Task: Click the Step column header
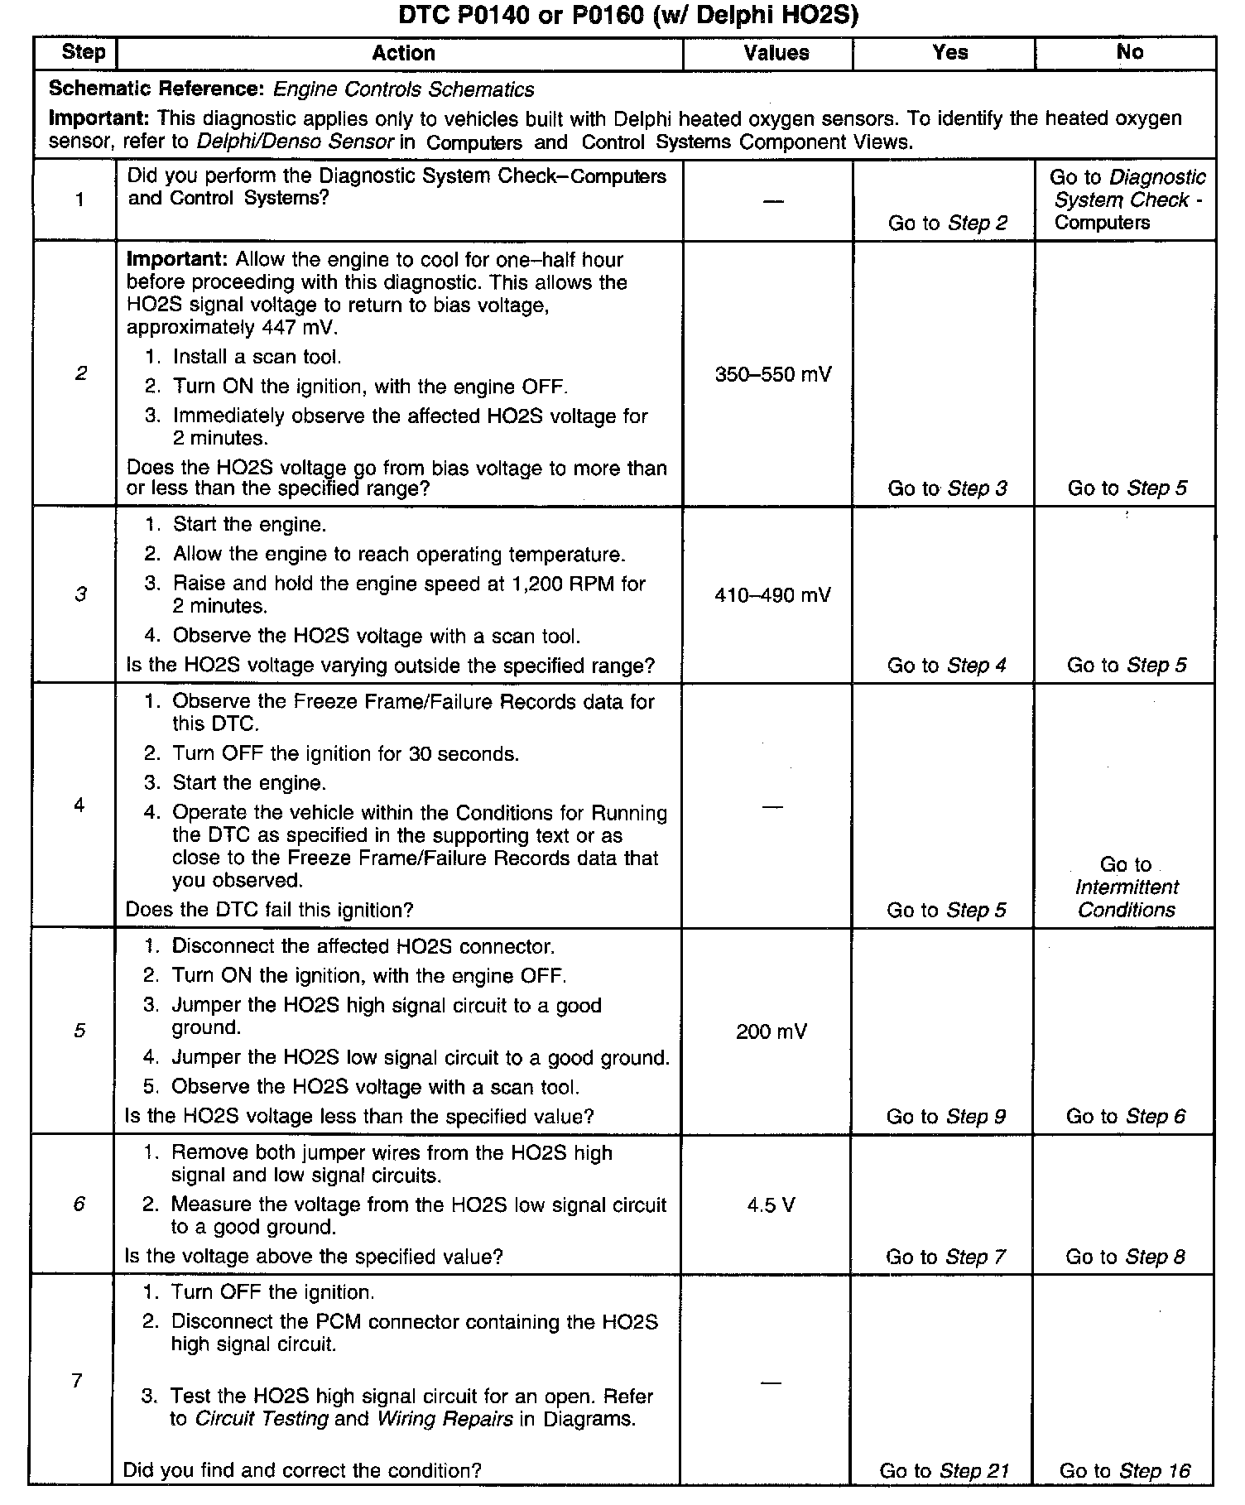click(x=84, y=53)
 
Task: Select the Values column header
click(x=776, y=54)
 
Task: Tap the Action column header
click(x=403, y=54)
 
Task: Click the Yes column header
click(x=949, y=53)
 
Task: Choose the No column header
click(x=1130, y=52)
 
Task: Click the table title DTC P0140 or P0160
click(x=628, y=16)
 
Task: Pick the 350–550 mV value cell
click(x=773, y=375)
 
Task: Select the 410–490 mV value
click(x=772, y=595)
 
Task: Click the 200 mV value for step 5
click(x=771, y=1031)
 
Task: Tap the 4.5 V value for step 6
click(x=771, y=1205)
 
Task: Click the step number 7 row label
click(x=77, y=1381)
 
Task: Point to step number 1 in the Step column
click(x=79, y=200)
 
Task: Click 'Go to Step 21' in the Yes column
click(x=945, y=1471)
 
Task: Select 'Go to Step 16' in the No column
click(x=1125, y=1471)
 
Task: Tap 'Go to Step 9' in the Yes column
click(x=946, y=1117)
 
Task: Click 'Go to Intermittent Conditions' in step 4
click(x=1126, y=887)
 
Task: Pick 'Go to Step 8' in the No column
click(x=1125, y=1257)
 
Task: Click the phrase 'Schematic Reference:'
click(x=157, y=89)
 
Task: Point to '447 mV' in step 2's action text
click(x=300, y=328)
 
